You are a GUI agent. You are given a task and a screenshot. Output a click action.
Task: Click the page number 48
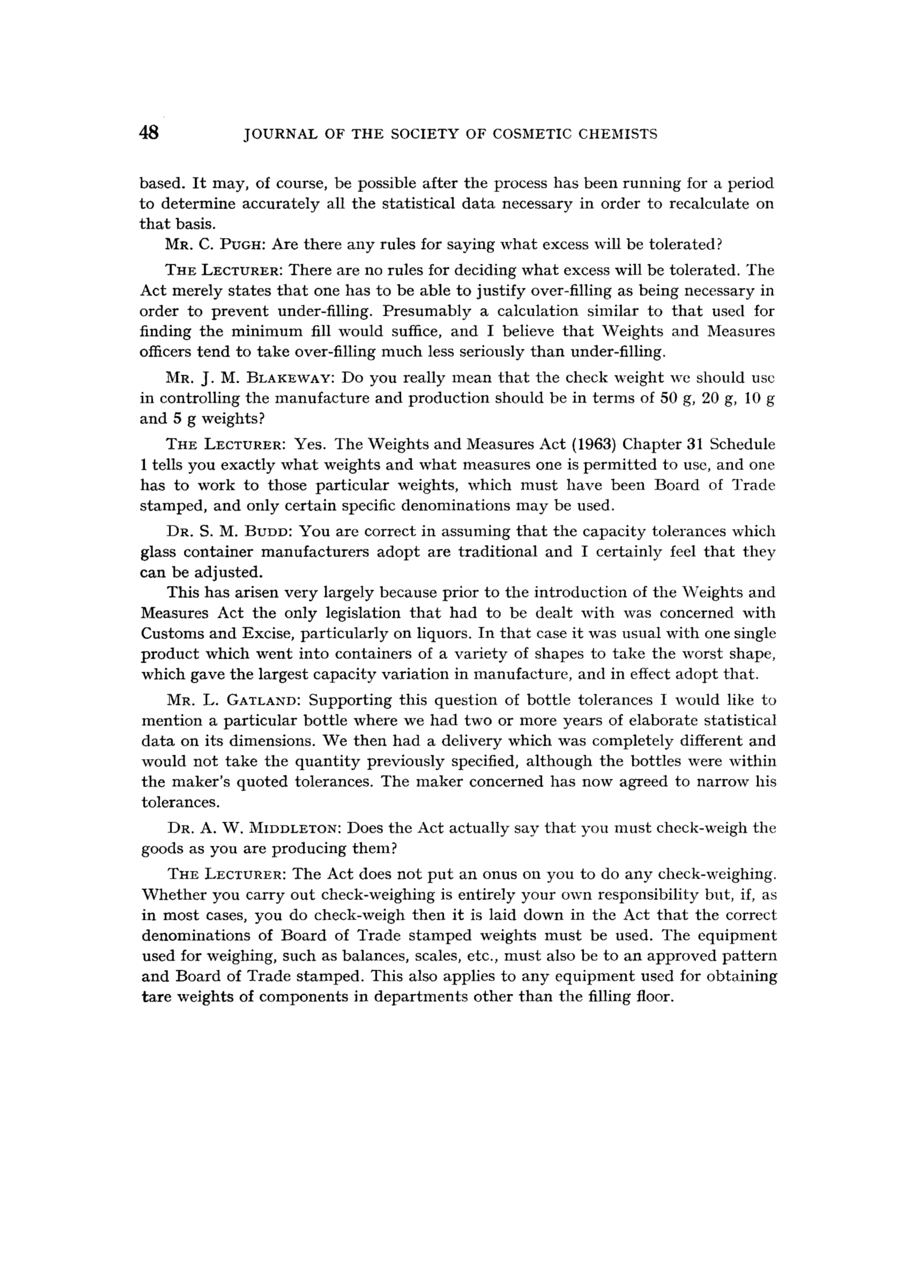pos(150,133)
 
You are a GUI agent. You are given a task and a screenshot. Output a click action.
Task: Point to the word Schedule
pos(742,444)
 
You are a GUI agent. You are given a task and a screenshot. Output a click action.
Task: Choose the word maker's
pos(198,782)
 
